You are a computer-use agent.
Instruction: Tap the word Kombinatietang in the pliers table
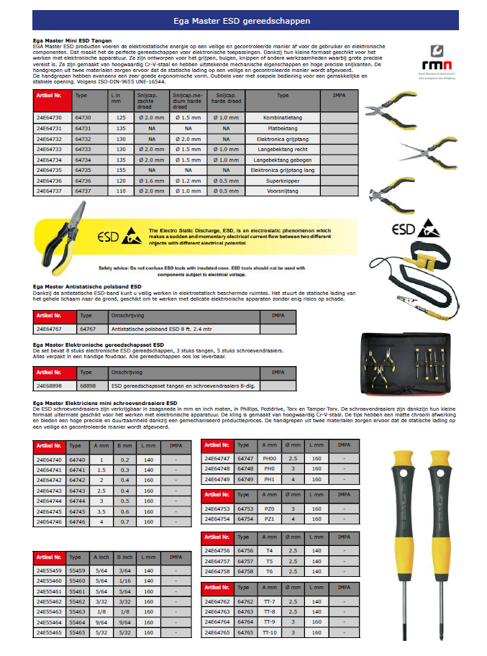pyautogui.click(x=283, y=117)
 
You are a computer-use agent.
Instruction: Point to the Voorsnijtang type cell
pyautogui.click(x=283, y=192)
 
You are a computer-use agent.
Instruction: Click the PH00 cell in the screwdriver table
pyautogui.click(x=270, y=458)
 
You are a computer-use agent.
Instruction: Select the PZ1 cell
pyautogui.click(x=270, y=518)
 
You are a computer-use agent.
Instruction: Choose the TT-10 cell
pyautogui.click(x=270, y=632)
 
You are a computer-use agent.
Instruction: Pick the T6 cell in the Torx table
pyautogui.click(x=270, y=572)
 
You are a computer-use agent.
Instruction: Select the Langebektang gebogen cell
pyautogui.click(x=283, y=160)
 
